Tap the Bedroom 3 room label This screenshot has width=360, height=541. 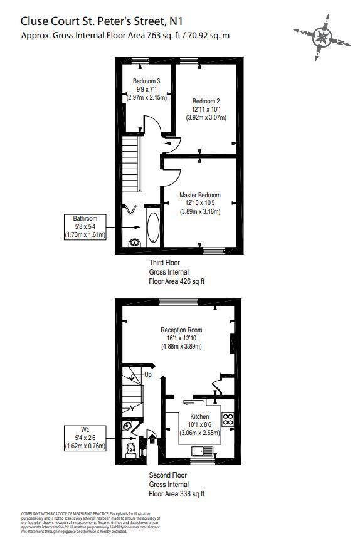point(146,81)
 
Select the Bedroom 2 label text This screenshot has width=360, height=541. point(206,101)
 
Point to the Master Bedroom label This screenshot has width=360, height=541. point(199,195)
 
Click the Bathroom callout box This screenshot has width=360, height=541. point(86,227)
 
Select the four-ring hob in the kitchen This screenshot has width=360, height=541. point(229,419)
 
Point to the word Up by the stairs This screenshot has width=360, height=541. point(148,375)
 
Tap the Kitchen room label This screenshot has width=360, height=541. point(199,416)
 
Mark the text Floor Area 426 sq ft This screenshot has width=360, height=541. point(176,281)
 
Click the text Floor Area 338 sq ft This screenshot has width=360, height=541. point(176,494)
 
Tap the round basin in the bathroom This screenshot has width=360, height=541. point(134,243)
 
